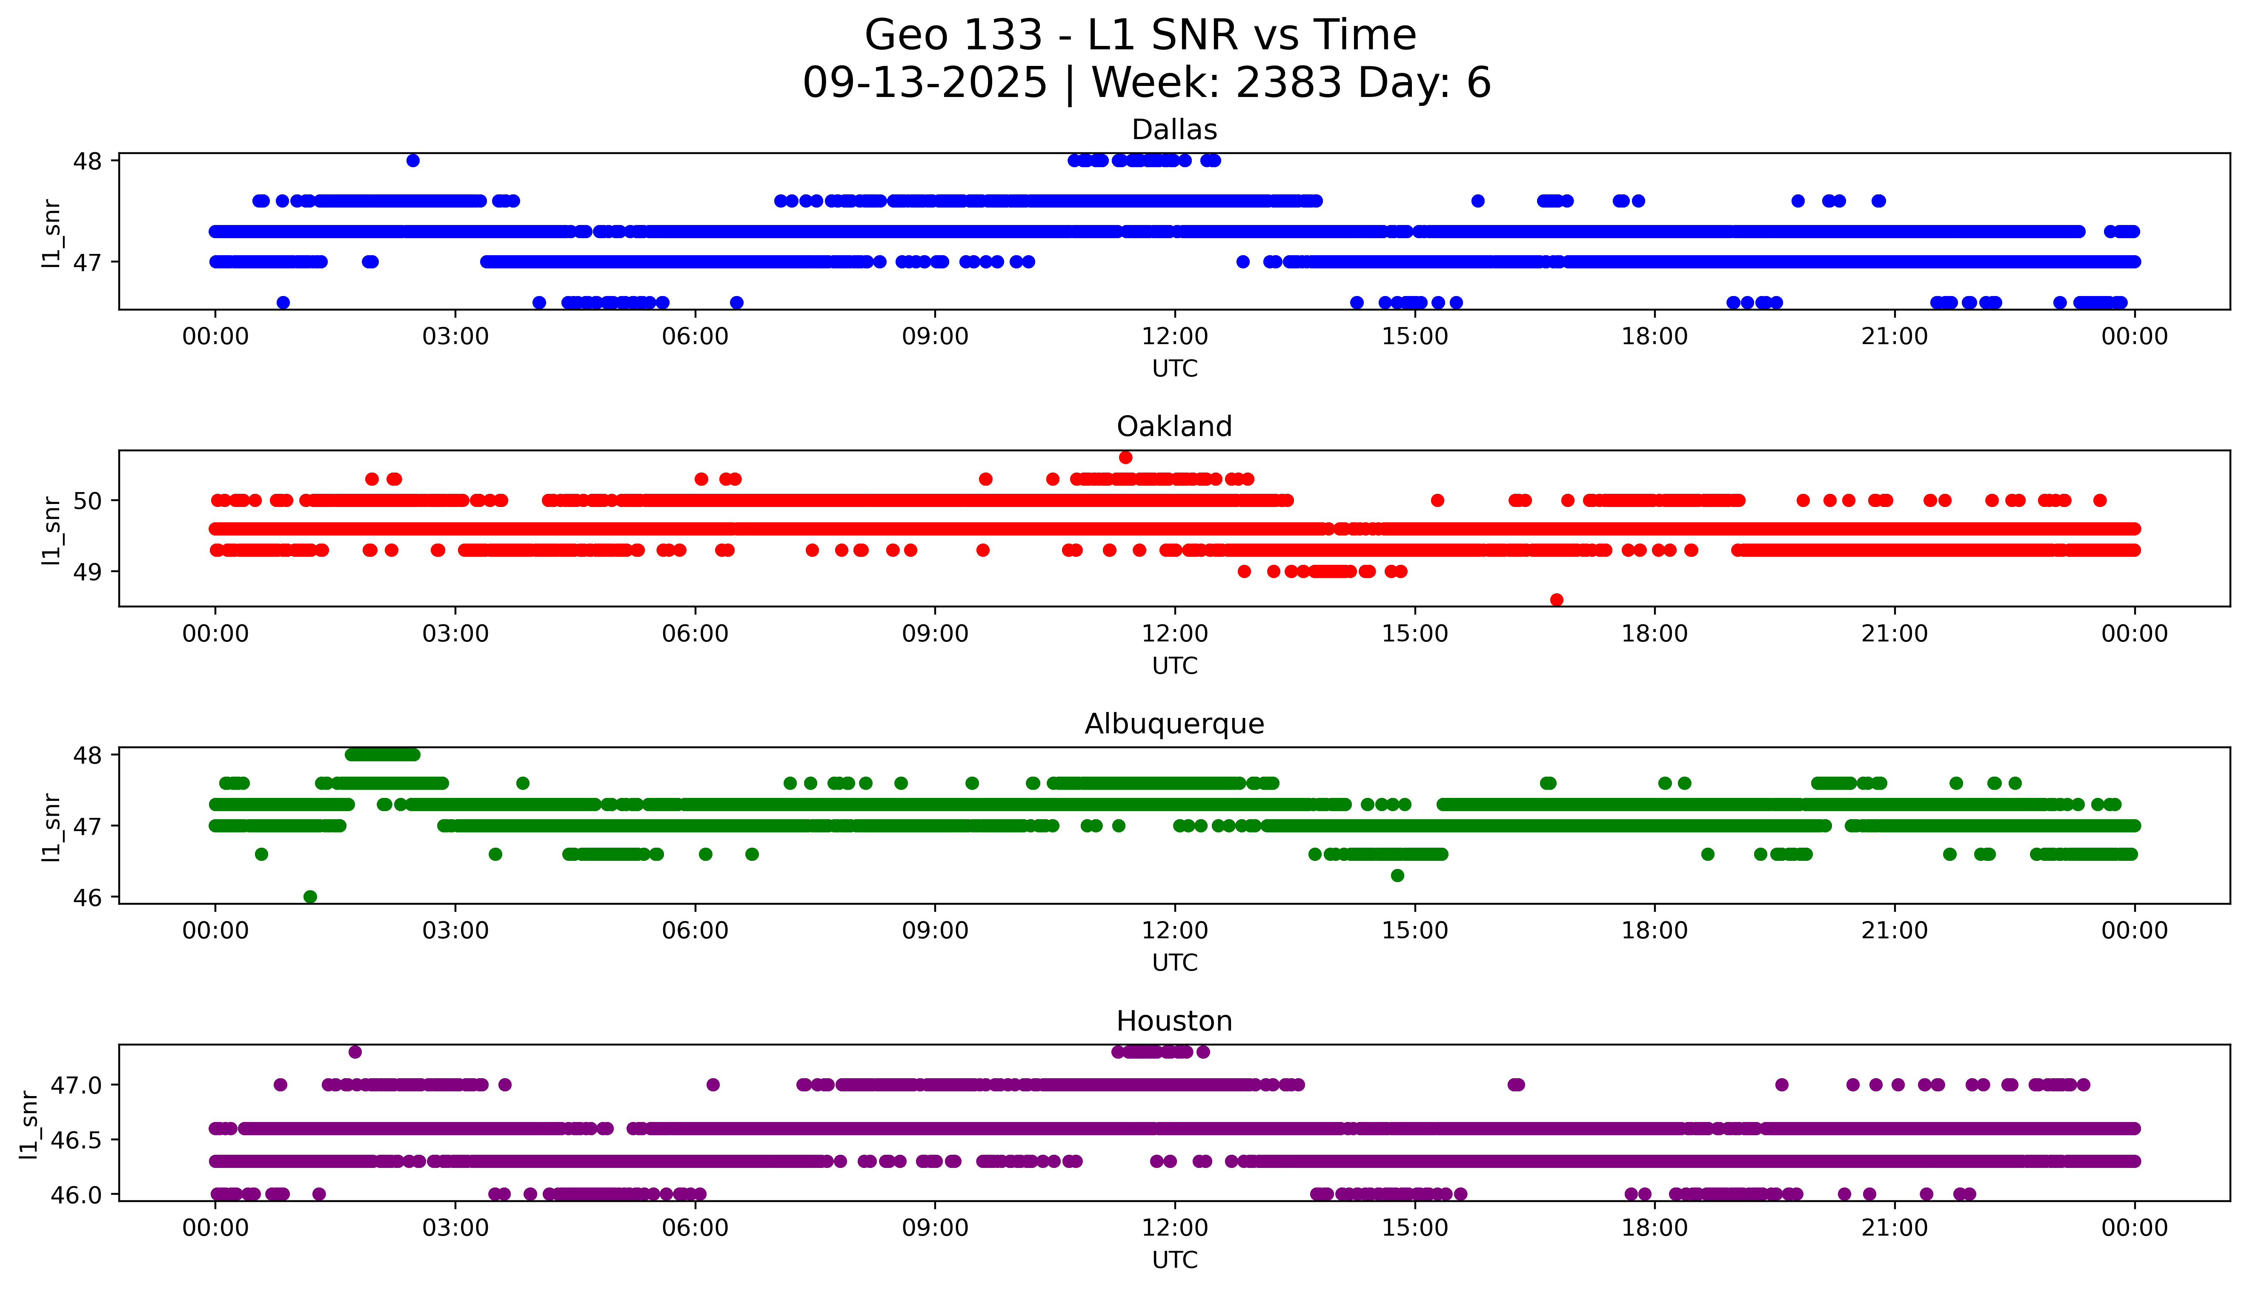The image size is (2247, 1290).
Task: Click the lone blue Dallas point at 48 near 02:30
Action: coord(413,160)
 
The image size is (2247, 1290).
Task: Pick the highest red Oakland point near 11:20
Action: coord(1126,457)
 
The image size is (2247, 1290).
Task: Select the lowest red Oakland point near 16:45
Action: coord(1557,600)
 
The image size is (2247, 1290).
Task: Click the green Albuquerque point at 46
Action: coord(310,897)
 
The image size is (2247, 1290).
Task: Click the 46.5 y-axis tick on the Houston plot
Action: coord(77,1139)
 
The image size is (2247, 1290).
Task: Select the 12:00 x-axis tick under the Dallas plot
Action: coord(1174,337)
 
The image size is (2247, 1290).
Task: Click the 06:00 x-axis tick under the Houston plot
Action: coord(695,1228)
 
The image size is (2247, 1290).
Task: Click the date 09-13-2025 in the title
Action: coord(925,83)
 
